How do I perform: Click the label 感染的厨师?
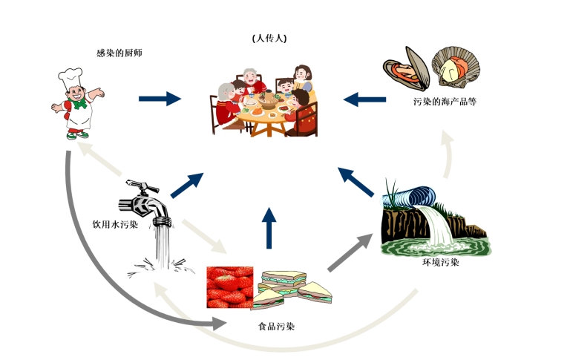119,53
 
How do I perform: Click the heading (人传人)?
269,38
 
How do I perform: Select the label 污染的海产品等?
445,101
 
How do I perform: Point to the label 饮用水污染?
115,223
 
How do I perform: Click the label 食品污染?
281,326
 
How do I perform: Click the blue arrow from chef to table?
160,98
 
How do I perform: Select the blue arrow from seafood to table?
364,98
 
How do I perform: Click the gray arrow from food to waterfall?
350,252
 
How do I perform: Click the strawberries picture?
230,287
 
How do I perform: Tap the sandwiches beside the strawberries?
293,290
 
